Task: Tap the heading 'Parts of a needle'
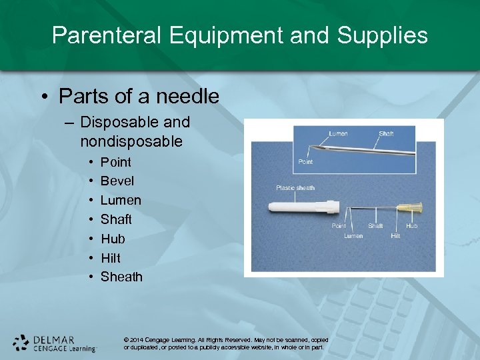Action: (x=139, y=96)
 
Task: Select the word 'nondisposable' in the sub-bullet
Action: (x=131, y=141)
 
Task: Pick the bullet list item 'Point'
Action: (x=116, y=162)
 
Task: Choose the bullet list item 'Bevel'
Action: (x=117, y=181)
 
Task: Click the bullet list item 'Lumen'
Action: (x=121, y=200)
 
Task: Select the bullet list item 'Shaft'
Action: (x=116, y=219)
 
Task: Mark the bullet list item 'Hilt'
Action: (x=111, y=257)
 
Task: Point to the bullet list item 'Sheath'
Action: (x=121, y=277)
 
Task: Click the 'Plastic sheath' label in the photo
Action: (x=295, y=188)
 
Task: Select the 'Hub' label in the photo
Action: (x=412, y=226)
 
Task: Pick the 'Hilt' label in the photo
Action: (x=395, y=236)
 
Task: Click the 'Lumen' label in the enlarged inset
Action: (x=338, y=134)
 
